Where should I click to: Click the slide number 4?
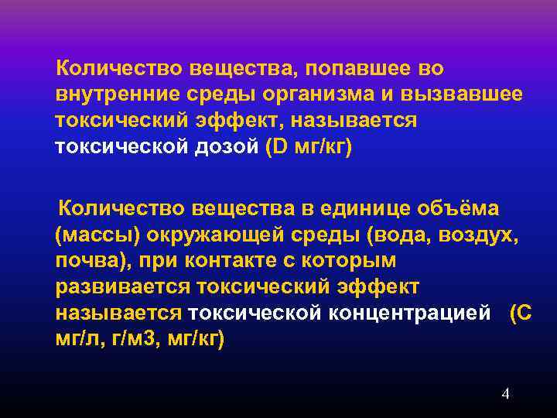(x=505, y=395)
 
